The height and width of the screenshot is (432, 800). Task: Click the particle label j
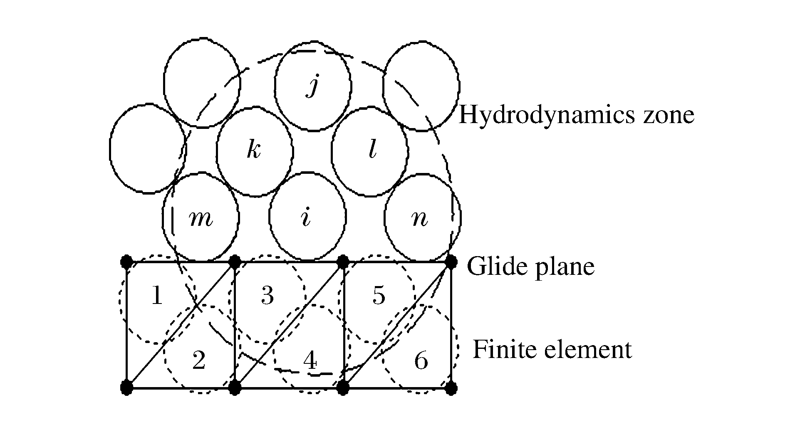[x=312, y=86]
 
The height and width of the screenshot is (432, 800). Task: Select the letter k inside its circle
[x=253, y=150]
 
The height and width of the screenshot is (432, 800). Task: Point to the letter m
[x=201, y=219]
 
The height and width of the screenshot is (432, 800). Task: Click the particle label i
[x=306, y=217]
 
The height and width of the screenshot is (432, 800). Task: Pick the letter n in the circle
[x=419, y=219]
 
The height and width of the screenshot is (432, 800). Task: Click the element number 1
[x=156, y=296]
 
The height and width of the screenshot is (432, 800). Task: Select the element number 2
[x=199, y=360]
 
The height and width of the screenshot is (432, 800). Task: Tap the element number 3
[x=267, y=296]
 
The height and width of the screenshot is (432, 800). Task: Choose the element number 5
[x=379, y=296]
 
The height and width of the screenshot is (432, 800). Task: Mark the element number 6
[x=421, y=360]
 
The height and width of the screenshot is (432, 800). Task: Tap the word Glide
[x=494, y=267]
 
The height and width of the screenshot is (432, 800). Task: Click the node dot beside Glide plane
[x=451, y=262]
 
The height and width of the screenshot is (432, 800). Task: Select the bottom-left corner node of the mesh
[x=126, y=388]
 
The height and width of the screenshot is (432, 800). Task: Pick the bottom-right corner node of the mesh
[x=451, y=388]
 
